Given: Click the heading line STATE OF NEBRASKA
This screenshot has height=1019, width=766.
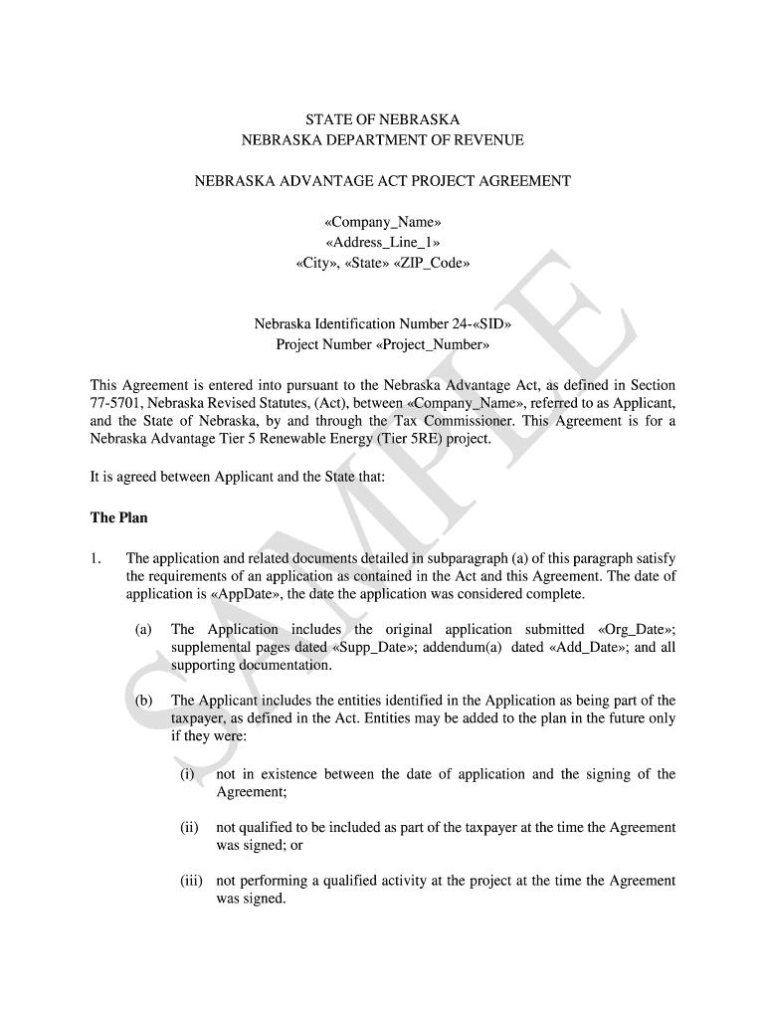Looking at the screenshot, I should [382, 119].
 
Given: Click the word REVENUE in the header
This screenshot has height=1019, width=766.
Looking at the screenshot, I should [484, 140].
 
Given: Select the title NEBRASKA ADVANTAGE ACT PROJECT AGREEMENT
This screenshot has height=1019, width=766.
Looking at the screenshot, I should [382, 181].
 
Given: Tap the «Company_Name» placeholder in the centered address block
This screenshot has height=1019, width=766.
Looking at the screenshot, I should [383, 222].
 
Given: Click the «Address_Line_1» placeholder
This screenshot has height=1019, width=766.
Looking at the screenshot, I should [383, 243].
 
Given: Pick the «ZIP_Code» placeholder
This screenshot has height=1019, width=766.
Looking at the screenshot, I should [433, 264].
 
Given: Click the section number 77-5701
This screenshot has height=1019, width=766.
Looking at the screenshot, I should [117, 403].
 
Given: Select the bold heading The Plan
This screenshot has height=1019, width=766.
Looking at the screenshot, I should [118, 517].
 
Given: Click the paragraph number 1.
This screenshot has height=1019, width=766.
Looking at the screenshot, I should [96, 559].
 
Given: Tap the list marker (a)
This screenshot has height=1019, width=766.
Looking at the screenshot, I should [144, 630].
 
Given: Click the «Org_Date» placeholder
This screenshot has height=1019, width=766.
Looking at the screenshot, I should [634, 630].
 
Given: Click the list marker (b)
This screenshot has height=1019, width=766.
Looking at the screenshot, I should [144, 701].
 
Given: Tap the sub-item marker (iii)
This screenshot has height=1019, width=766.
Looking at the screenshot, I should [192, 881].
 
